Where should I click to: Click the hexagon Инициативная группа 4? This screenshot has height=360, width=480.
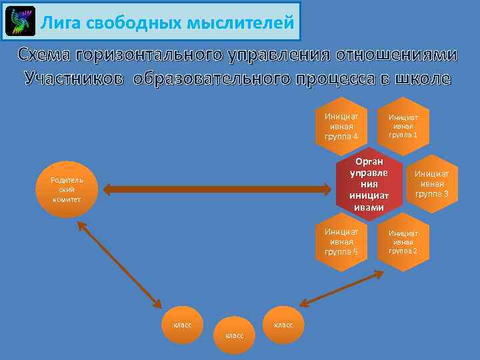pyautogui.click(x=341, y=126)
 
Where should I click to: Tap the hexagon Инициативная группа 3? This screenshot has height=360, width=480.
pyautogui.click(x=432, y=184)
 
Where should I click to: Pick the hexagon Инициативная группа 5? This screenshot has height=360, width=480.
pyautogui.click(x=341, y=241)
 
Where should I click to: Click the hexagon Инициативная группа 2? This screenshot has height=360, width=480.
pyautogui.click(x=403, y=241)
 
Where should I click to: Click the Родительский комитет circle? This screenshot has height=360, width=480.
pyautogui.click(x=67, y=189)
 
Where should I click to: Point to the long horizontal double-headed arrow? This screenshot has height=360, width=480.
pyautogui.click(x=217, y=190)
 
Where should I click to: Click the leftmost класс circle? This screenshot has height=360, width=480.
pyautogui.click(x=183, y=325)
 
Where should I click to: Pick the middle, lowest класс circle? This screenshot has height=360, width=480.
pyautogui.click(x=235, y=335)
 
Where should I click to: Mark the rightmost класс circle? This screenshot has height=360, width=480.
pyautogui.click(x=284, y=325)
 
